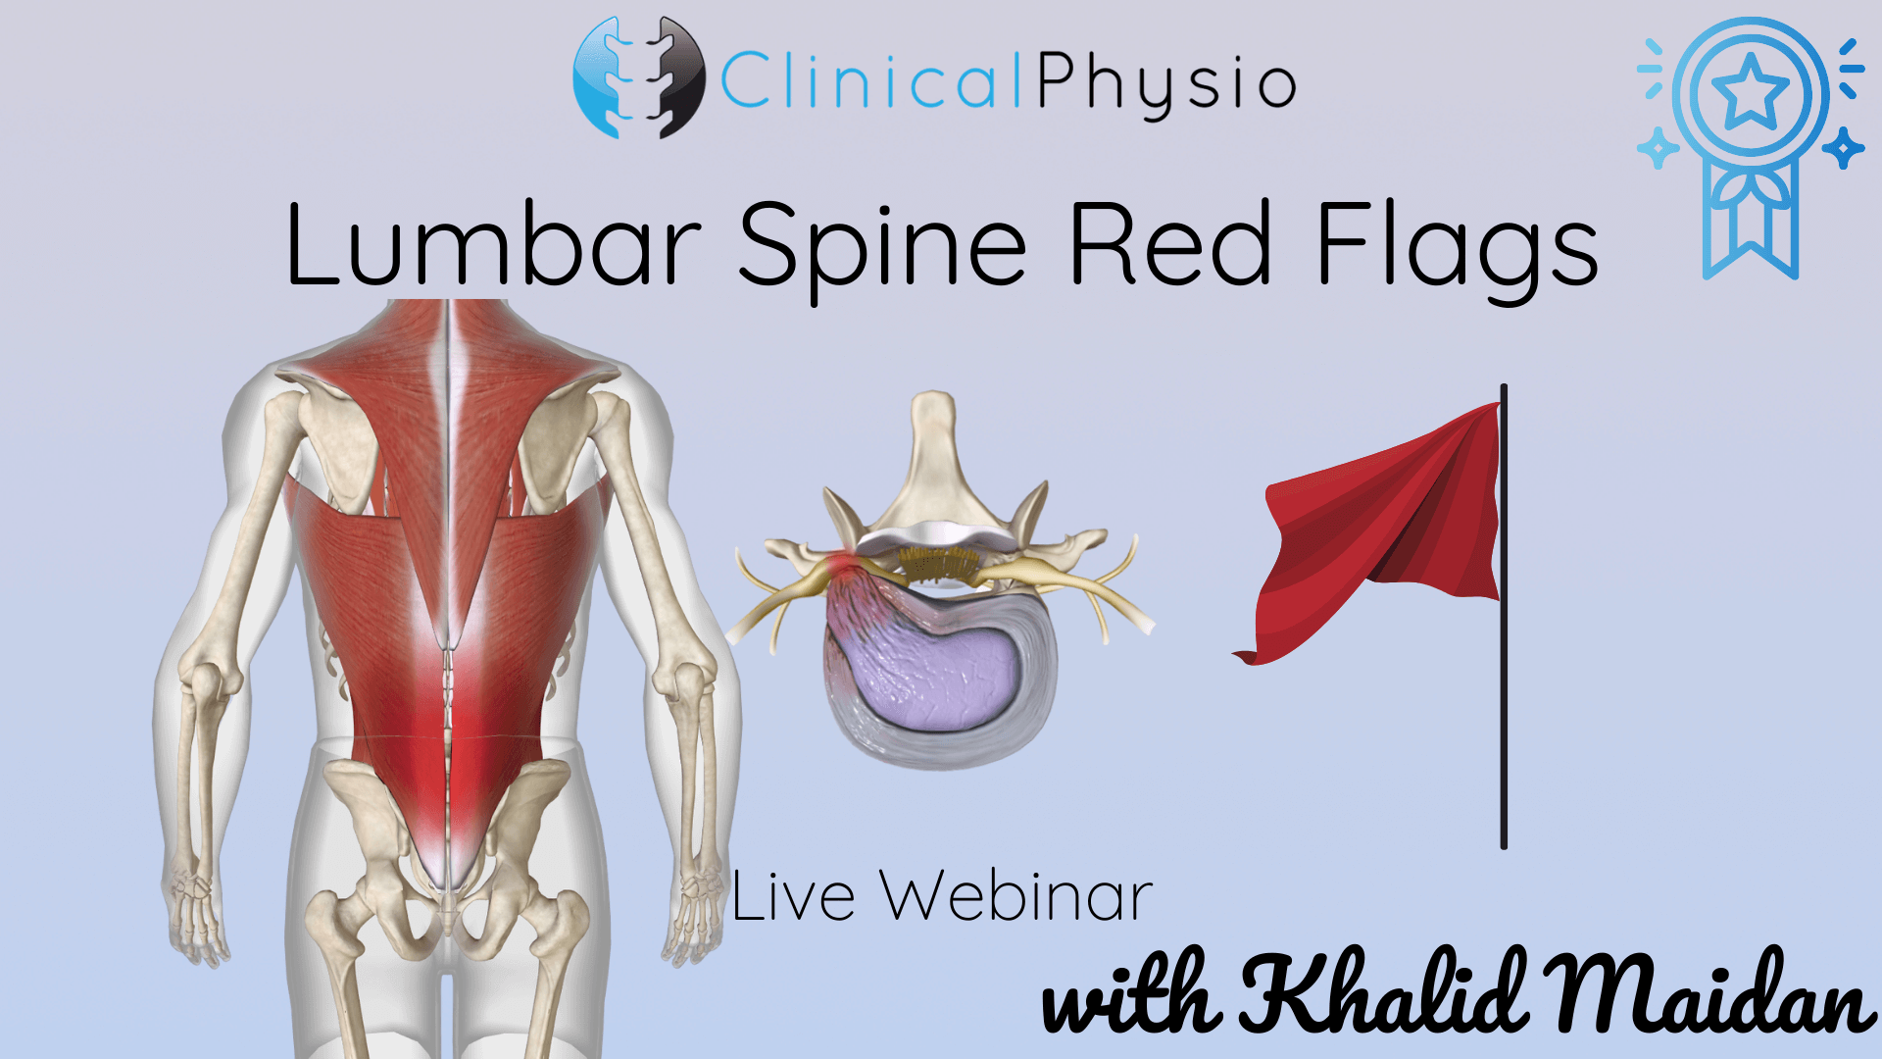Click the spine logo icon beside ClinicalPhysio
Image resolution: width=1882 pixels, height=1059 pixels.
[x=638, y=77]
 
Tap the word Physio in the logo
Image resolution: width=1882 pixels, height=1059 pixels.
[x=1166, y=83]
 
